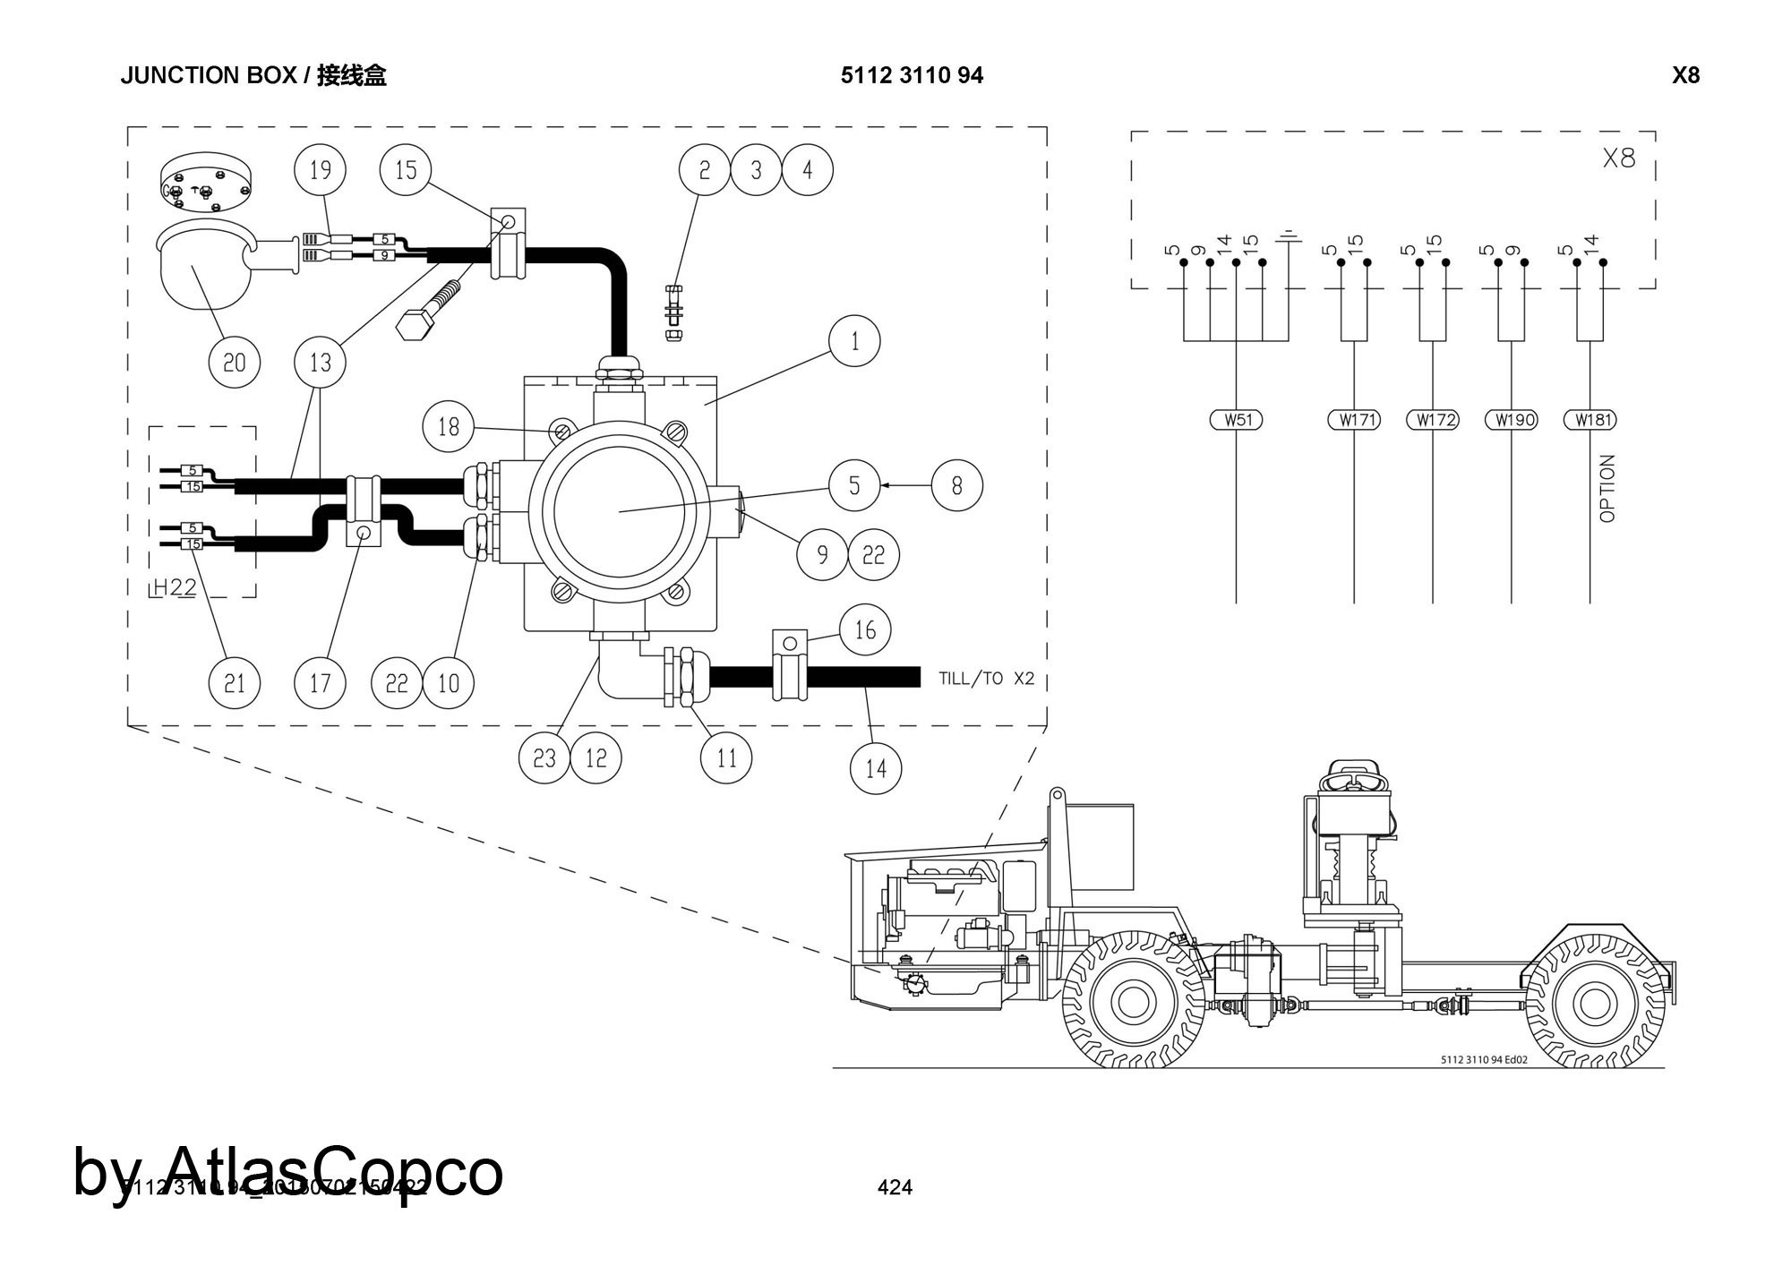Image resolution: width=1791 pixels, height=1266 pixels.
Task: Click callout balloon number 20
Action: (x=234, y=362)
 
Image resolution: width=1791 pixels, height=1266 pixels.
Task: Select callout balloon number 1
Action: (x=854, y=341)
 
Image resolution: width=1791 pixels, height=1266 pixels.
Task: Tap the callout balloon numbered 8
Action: (x=956, y=485)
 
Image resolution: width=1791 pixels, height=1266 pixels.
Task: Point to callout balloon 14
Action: (x=875, y=767)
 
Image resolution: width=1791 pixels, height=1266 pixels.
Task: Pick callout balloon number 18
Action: (x=448, y=427)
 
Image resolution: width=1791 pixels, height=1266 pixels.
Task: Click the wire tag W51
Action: (x=1237, y=419)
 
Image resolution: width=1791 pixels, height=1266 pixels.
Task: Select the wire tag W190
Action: (x=1512, y=419)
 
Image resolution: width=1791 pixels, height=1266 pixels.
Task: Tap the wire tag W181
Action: (x=1590, y=419)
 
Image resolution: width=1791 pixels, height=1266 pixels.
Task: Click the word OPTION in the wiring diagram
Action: (x=1607, y=488)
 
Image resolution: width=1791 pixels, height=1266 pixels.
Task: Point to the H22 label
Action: (x=174, y=587)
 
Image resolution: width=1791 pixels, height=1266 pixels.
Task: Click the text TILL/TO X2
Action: (x=986, y=679)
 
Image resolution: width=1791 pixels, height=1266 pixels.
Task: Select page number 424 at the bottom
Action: (x=895, y=1187)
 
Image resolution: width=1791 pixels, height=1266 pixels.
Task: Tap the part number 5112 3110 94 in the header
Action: (x=912, y=75)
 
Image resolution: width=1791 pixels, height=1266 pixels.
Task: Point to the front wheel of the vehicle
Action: (x=1134, y=1000)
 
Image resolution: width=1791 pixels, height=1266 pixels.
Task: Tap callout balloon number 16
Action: (x=864, y=630)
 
